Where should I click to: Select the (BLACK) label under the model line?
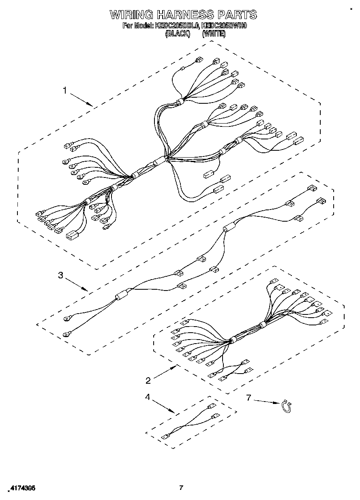178,34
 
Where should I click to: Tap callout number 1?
65,91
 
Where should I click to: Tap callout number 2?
148,380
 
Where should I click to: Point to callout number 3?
60,275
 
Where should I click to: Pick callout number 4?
148,397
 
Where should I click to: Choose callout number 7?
249,397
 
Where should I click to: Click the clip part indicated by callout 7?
287,406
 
